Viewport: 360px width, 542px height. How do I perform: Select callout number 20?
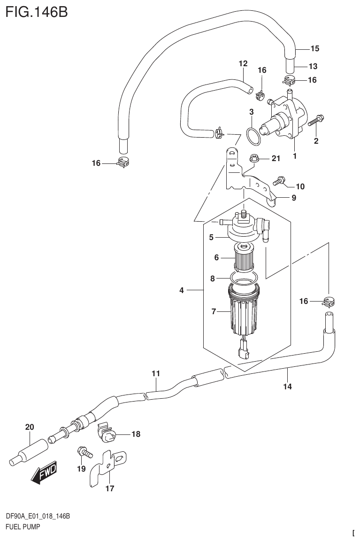30,427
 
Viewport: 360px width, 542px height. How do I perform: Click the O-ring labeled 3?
253,138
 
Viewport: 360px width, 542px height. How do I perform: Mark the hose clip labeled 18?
109,434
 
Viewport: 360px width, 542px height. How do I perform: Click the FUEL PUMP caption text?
22,527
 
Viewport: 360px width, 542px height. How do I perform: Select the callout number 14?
287,387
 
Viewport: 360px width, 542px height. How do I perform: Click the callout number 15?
314,48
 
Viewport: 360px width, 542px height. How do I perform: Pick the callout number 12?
243,63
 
